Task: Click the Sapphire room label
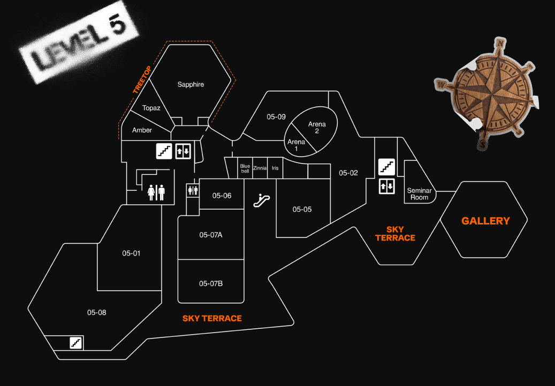[x=191, y=84]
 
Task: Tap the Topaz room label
[x=151, y=108]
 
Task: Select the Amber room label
[x=142, y=130]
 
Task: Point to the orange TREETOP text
[x=142, y=81]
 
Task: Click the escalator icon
[x=261, y=200]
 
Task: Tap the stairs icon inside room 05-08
[x=76, y=343]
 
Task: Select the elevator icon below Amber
[x=183, y=151]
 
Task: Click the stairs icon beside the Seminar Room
[x=386, y=167]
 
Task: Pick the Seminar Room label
[x=419, y=194]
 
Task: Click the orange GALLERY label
[x=485, y=221]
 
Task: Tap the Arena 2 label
[x=317, y=128]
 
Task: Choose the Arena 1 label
[x=296, y=145]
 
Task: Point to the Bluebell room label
[x=245, y=168]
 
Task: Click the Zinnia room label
[x=260, y=168]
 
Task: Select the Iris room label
[x=275, y=168]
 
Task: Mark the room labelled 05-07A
[x=211, y=235]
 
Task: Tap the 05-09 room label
[x=276, y=117]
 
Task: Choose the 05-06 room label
[x=222, y=196]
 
